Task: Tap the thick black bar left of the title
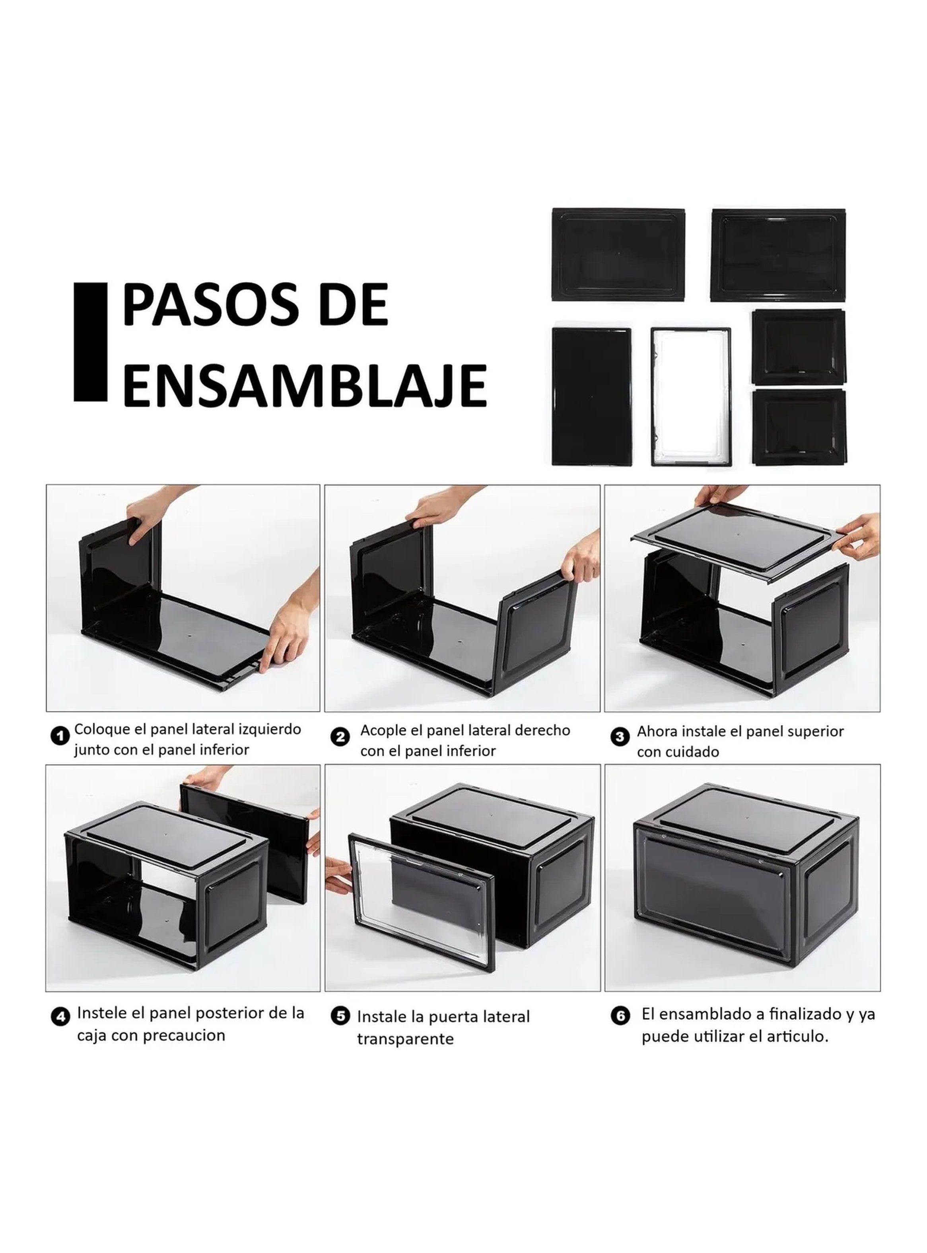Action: (x=90, y=342)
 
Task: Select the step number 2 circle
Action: (x=340, y=737)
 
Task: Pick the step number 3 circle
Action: (x=619, y=737)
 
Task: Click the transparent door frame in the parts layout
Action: (x=691, y=396)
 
